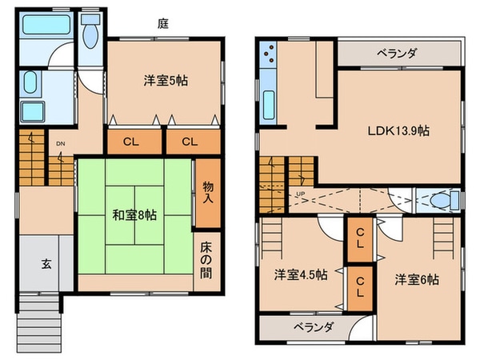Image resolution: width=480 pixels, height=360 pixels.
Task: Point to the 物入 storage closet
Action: [x=207, y=191]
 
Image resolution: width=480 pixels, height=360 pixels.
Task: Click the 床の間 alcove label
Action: [x=207, y=261]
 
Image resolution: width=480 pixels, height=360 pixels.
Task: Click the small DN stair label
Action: [x=60, y=144]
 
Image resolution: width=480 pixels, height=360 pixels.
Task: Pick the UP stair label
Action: [x=300, y=194]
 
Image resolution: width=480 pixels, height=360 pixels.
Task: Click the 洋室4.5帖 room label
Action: [x=300, y=275]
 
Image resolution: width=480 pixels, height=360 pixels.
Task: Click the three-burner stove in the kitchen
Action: [x=267, y=56]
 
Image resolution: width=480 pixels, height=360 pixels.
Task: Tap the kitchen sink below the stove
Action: [x=267, y=104]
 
